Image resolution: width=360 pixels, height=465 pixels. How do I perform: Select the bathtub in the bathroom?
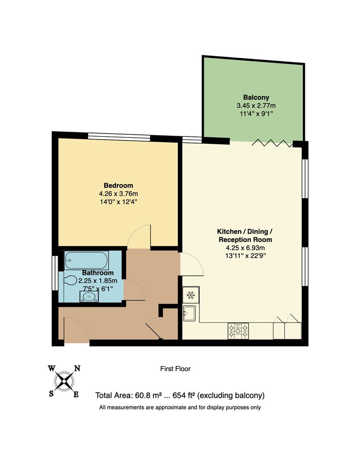click(x=87, y=260)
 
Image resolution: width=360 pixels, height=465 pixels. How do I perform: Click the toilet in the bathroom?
click(x=69, y=280)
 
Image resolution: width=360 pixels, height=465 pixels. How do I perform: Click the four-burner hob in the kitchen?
click(x=238, y=330)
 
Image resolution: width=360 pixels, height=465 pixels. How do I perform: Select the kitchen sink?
click(x=190, y=313)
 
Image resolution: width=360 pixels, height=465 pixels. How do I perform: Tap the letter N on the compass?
click(x=78, y=368)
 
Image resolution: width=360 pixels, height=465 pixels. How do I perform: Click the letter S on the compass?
click(x=51, y=393)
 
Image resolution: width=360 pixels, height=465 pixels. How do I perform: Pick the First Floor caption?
click(x=175, y=369)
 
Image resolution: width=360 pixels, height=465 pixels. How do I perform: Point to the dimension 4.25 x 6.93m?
click(x=245, y=248)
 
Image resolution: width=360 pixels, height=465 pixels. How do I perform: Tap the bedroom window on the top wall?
click(x=119, y=137)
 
